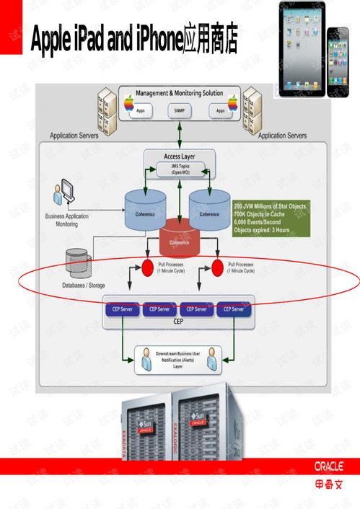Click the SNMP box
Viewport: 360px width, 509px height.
click(179, 111)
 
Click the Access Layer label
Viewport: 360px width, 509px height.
click(179, 156)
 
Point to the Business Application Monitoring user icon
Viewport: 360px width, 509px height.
click(63, 195)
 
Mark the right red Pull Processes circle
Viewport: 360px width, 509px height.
click(218, 269)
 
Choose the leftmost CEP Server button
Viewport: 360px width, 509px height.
click(122, 309)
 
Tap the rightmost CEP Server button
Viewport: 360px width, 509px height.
click(234, 309)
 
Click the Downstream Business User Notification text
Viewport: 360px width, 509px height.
click(178, 359)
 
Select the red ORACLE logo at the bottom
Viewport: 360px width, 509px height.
click(329, 466)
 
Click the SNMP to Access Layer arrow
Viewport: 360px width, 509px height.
click(179, 135)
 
